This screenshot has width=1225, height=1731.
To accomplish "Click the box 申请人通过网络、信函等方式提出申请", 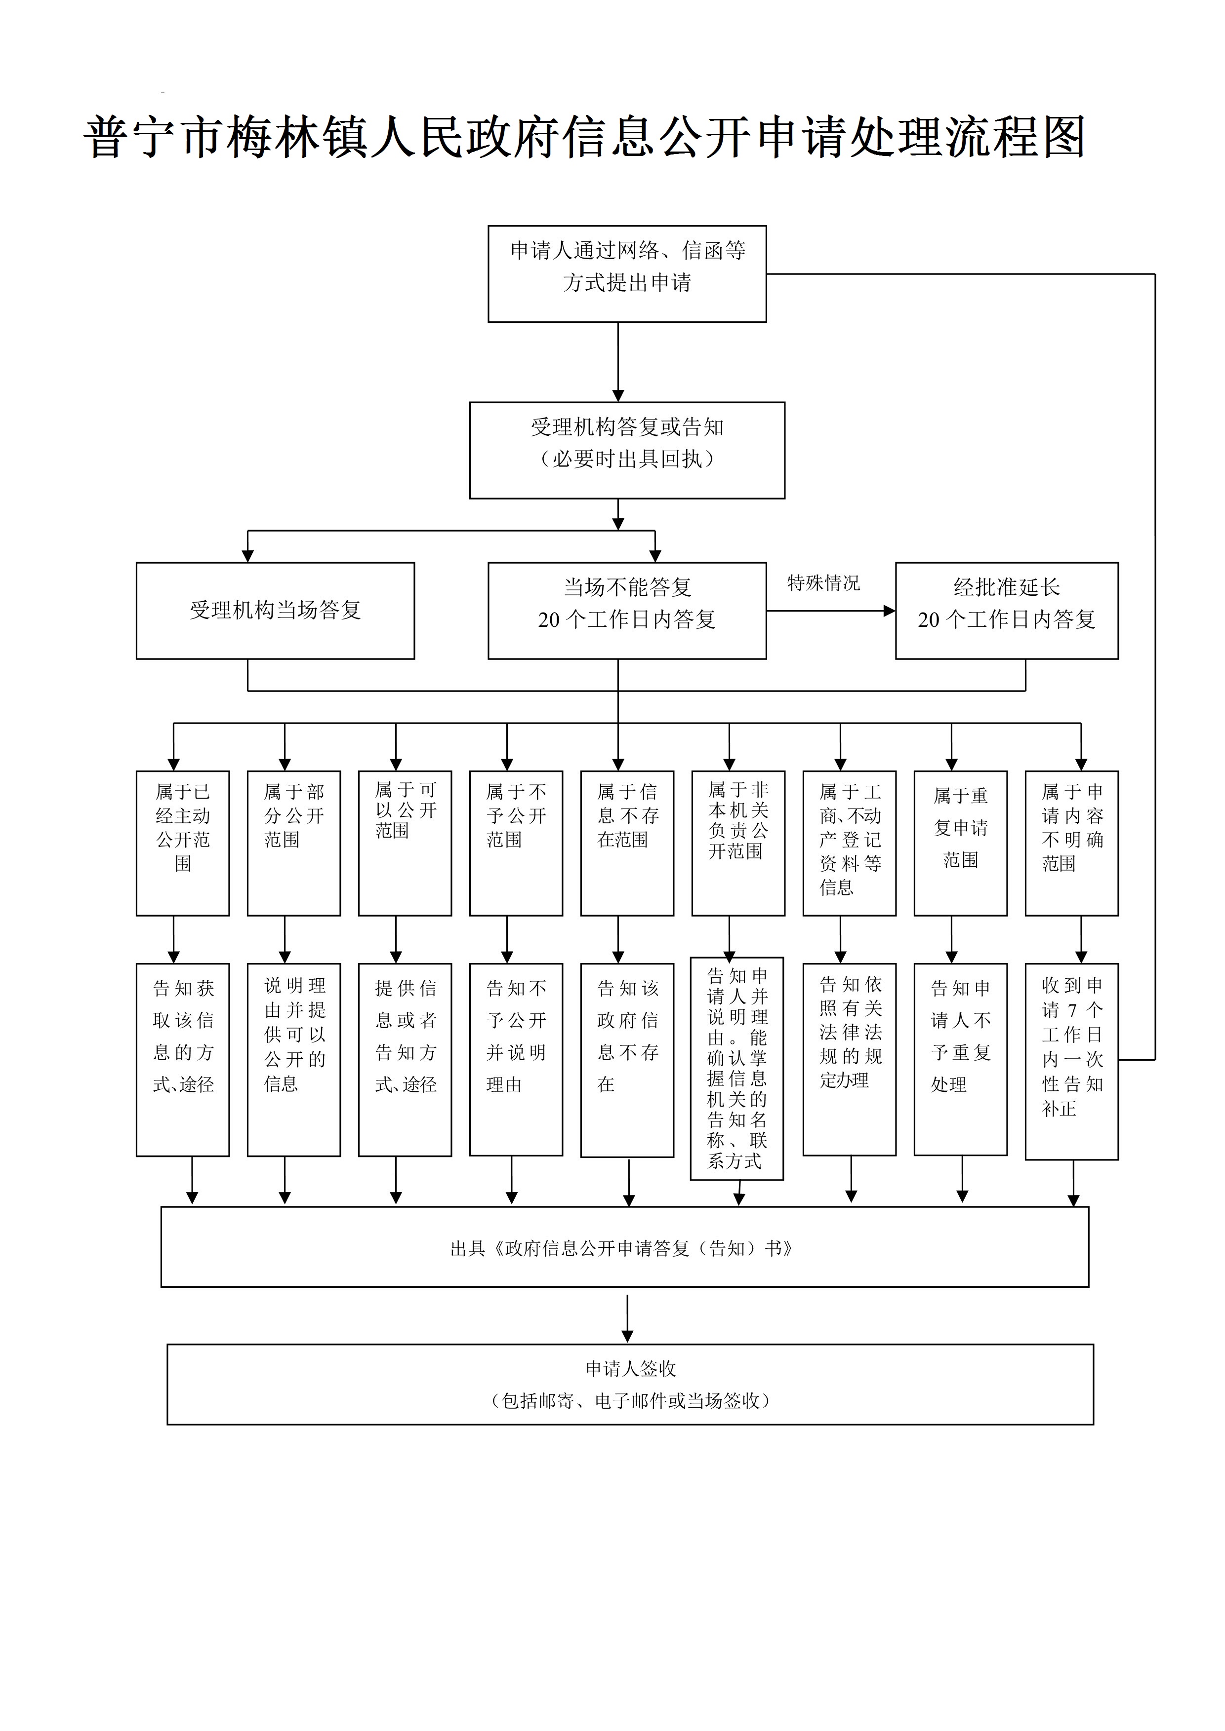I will (627, 273).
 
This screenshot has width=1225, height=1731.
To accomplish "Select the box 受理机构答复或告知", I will (627, 450).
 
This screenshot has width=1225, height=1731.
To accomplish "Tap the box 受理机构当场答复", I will (275, 611).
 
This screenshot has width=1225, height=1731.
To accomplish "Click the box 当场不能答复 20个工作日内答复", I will (627, 611).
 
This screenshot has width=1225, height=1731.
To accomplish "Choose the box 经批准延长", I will (1006, 611).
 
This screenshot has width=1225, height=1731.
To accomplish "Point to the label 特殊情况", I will (823, 583).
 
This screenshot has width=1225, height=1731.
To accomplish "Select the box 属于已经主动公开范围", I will (183, 843).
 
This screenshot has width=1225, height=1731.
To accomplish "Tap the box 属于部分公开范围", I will (293, 843).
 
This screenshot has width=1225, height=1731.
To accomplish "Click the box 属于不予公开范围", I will (516, 843).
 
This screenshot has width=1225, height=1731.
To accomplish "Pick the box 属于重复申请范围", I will (960, 843).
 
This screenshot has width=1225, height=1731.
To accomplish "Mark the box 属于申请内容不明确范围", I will (1071, 843).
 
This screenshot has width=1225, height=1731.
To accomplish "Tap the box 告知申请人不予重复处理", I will (960, 1059).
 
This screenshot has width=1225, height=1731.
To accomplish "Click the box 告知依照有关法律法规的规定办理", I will (850, 1059).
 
